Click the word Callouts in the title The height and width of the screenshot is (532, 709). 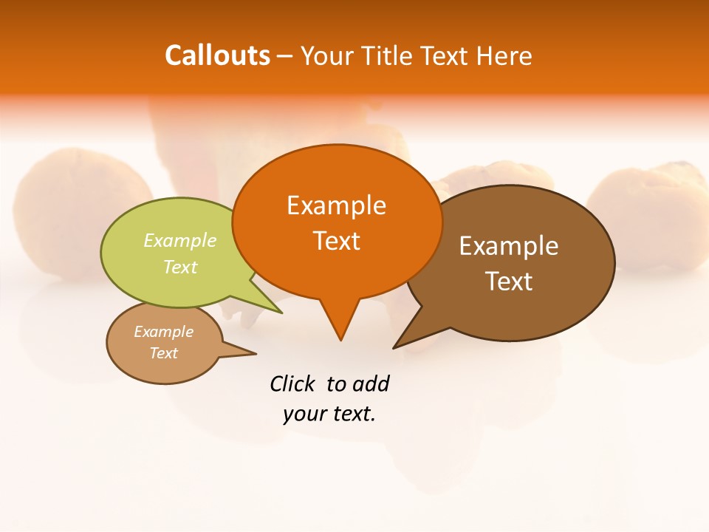[217, 55]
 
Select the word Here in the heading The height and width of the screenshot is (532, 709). [505, 55]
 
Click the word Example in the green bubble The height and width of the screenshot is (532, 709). [180, 241]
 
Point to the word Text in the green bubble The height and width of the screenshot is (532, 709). [180, 267]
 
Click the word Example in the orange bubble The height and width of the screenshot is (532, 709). [336, 205]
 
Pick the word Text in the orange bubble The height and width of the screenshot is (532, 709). [336, 241]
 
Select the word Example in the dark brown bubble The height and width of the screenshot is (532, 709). [508, 246]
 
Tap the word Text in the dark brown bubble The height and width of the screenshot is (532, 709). [508, 282]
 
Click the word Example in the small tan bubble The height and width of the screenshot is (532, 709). [164, 332]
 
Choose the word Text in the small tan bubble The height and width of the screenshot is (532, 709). [164, 353]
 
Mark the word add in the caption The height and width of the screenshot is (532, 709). [371, 383]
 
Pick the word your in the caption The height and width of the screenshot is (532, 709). [304, 414]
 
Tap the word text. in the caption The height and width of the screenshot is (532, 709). [352, 414]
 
